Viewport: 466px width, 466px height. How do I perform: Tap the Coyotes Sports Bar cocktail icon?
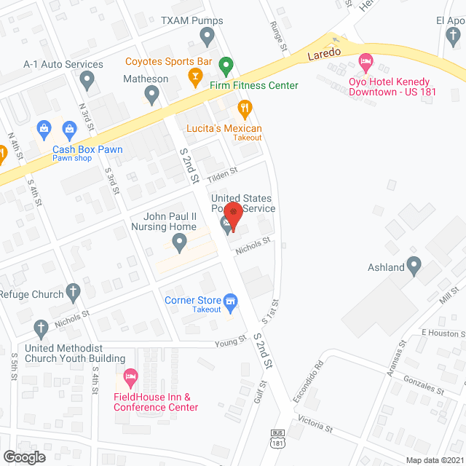pyautogui.click(x=194, y=75)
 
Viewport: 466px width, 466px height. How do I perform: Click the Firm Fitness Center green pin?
pyautogui.click(x=226, y=68)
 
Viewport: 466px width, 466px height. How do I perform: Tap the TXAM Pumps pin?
pyautogui.click(x=208, y=35)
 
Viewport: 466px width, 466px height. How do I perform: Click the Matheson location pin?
pyautogui.click(x=151, y=94)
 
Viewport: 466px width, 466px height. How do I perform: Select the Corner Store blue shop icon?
pyautogui.click(x=231, y=300)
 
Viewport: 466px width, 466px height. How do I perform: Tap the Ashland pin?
pyautogui.click(x=414, y=266)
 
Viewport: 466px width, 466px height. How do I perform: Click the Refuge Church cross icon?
pyautogui.click(x=72, y=293)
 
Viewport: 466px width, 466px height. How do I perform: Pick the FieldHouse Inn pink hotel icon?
pyautogui.click(x=131, y=378)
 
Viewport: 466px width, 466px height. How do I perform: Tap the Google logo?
pyautogui.click(x=23, y=457)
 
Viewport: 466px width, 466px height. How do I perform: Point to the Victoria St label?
pyautogui.click(x=315, y=423)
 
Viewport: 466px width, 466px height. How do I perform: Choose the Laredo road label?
pyautogui.click(x=324, y=55)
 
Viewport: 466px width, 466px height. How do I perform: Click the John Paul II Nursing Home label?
pyautogui.click(x=170, y=221)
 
